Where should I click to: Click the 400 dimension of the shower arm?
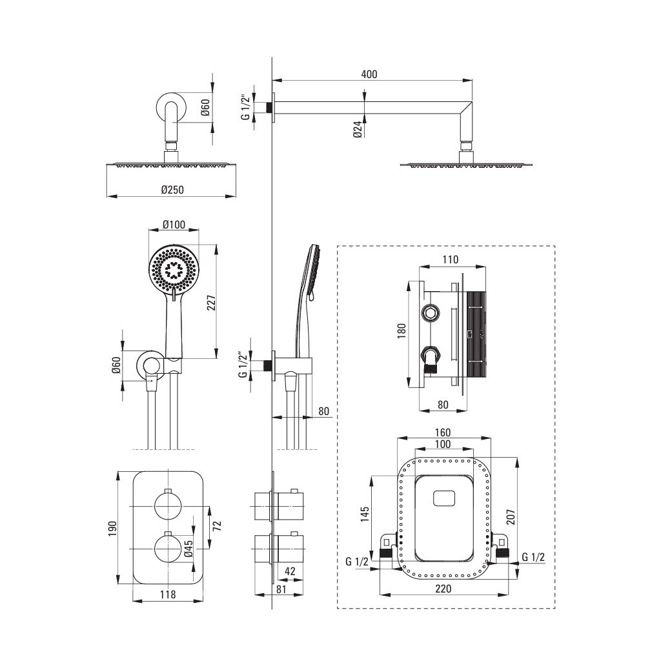[369, 74]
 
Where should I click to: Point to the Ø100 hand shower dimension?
[174, 225]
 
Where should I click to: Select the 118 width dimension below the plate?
[167, 595]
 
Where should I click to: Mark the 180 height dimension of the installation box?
[402, 334]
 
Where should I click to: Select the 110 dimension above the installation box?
[450, 260]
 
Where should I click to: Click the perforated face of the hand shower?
[173, 270]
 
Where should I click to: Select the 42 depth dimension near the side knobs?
[290, 570]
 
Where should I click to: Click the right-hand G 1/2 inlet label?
[533, 557]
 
